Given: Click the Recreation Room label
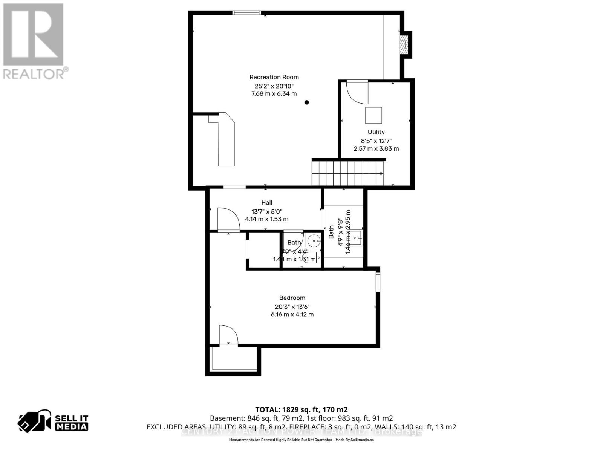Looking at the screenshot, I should pyautogui.click(x=274, y=77).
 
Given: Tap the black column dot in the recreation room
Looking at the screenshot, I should pyautogui.click(x=307, y=102).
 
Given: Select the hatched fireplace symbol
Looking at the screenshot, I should pyautogui.click(x=404, y=44).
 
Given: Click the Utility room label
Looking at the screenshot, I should pyautogui.click(x=376, y=132).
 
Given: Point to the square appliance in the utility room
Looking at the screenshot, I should pyautogui.click(x=373, y=115).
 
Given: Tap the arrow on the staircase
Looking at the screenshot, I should pyautogui.click(x=381, y=174).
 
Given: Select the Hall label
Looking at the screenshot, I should pyautogui.click(x=267, y=203).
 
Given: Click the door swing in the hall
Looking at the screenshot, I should pyautogui.click(x=228, y=219).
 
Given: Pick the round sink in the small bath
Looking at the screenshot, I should pyautogui.click(x=313, y=240).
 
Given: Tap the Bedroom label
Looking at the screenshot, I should pyautogui.click(x=292, y=298).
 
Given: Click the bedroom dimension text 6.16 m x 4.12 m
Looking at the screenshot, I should pyautogui.click(x=292, y=315).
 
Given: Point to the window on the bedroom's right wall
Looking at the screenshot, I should pyautogui.click(x=378, y=282).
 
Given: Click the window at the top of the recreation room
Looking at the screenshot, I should pyautogui.click(x=246, y=13).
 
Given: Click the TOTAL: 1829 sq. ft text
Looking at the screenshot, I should pyautogui.click(x=301, y=409).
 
